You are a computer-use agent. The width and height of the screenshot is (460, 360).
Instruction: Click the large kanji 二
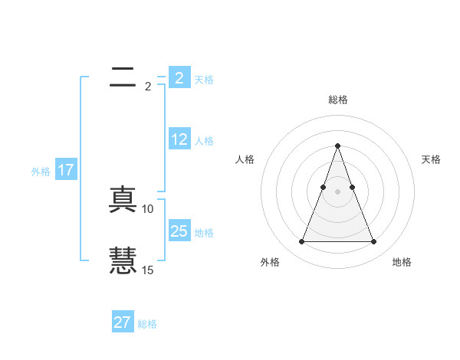(123, 77)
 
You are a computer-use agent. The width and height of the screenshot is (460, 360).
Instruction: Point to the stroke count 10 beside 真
(148, 208)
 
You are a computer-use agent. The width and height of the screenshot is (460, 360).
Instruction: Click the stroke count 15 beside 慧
(148, 270)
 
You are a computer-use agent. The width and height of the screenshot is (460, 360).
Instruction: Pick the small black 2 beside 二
(148, 86)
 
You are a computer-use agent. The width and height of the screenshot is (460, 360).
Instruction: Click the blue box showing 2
(179, 78)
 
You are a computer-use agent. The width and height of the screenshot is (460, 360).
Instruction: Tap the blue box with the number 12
(179, 139)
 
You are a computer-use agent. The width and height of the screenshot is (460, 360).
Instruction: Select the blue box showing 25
(179, 231)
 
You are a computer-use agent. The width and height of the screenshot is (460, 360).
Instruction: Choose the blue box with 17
(66, 170)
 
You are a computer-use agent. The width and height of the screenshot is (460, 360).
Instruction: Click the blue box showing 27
(123, 322)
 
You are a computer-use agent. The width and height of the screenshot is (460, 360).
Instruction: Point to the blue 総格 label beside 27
(148, 324)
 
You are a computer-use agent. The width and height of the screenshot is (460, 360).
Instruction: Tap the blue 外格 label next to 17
(41, 172)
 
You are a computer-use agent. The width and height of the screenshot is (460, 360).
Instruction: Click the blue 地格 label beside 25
(204, 233)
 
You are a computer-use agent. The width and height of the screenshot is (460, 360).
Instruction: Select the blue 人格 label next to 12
(204, 141)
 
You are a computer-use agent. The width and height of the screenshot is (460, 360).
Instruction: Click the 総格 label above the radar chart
(337, 100)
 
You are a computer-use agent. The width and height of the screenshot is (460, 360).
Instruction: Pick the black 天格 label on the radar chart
(431, 159)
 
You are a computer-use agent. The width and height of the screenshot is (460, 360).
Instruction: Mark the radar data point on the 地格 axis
(373, 242)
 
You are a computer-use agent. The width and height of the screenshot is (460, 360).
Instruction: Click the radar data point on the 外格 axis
(301, 242)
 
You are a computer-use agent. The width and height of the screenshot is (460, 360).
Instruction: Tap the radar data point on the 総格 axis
(337, 146)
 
